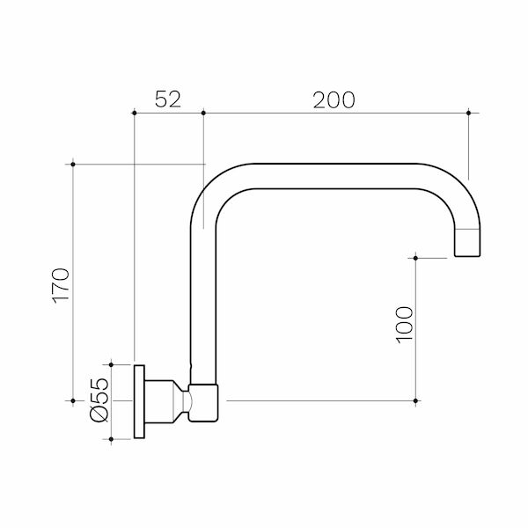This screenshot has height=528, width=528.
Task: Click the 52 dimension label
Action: tap(167, 99)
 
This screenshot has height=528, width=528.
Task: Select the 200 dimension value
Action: tap(334, 99)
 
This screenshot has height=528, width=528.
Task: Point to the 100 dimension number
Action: tap(402, 325)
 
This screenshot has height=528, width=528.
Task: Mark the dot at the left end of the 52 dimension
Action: tap(133, 112)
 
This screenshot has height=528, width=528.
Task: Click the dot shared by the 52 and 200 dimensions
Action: tap(203, 112)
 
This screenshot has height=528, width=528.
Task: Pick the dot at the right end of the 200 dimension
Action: tap(468, 112)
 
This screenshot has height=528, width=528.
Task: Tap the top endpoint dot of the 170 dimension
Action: tap(73, 164)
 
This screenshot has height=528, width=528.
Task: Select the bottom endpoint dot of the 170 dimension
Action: tap(73, 401)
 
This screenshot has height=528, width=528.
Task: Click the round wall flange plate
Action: tap(139, 401)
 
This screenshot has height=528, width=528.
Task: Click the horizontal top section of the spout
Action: tap(334, 176)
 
